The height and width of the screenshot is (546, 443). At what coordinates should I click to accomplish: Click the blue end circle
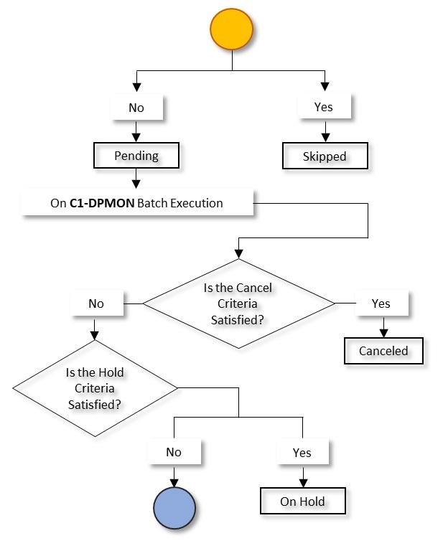coord(174,508)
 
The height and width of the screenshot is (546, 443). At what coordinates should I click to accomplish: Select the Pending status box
coord(136,156)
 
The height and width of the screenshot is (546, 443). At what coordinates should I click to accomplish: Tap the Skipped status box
coord(325,156)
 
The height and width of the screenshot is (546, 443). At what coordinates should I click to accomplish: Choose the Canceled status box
coord(383,351)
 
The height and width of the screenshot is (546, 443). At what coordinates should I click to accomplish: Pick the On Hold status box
coord(302,502)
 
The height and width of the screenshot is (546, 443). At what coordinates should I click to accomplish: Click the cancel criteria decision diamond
coord(238,303)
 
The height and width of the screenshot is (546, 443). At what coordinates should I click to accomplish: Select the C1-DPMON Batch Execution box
coord(137,203)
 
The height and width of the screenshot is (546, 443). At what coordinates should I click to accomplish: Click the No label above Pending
coord(136,108)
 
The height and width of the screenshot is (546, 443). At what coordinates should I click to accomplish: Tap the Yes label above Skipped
coord(325,108)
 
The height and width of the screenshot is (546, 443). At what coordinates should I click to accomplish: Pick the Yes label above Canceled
coord(381,303)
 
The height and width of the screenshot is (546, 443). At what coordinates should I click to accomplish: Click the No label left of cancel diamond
coord(96,303)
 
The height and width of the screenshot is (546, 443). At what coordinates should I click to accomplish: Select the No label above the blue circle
coord(174,452)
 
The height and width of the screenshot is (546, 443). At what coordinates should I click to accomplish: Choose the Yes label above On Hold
coord(302,453)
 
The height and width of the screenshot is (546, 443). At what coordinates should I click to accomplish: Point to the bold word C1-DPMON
coord(101,203)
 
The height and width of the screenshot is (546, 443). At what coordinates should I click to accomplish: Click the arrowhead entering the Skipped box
coord(325,138)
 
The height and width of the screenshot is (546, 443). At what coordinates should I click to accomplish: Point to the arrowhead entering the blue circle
coord(174,483)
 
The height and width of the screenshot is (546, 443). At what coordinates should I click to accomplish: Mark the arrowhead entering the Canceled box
coord(383,333)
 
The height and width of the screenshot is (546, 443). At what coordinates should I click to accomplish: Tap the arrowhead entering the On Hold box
coord(302,484)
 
